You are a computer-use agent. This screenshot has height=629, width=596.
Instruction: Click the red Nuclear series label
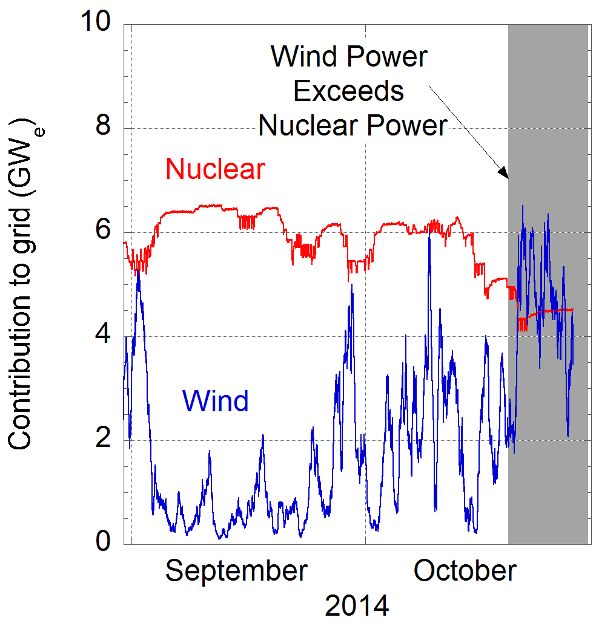[215, 169]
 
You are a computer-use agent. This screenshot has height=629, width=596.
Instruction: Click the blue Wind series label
[215, 400]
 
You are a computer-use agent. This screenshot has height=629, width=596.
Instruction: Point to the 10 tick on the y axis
[99, 24]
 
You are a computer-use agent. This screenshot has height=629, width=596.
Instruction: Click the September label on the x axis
[236, 570]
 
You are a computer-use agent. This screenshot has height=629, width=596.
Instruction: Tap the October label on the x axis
[465, 570]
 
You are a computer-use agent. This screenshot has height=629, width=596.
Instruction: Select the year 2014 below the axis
[357, 605]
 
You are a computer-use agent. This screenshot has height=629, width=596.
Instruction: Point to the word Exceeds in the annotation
[348, 91]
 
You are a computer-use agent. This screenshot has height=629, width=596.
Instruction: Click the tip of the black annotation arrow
[507, 178]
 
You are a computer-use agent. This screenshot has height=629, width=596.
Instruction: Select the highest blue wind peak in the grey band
[522, 206]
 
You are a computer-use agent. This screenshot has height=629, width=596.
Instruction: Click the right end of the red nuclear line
[572, 310]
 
